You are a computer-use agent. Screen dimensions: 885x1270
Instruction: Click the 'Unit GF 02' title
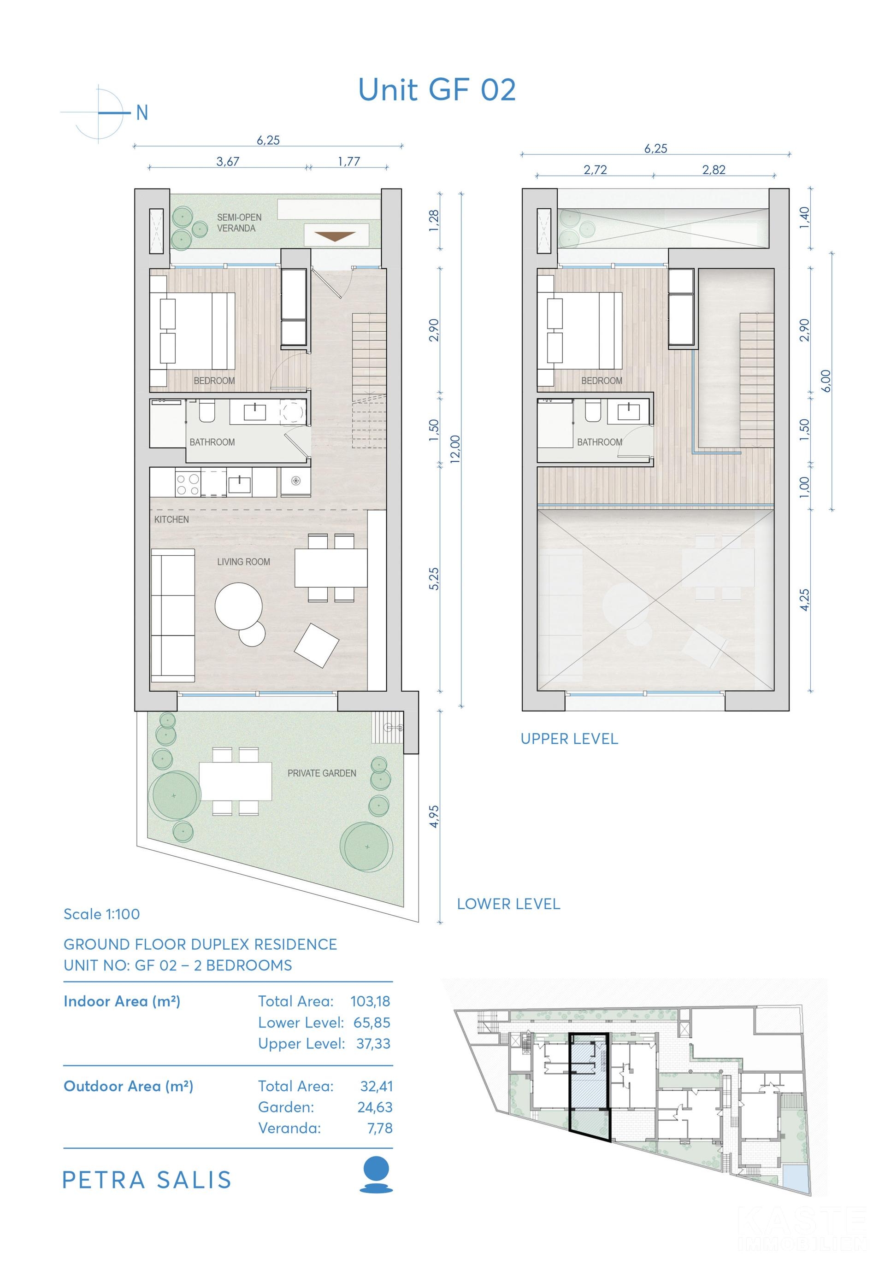[x=437, y=89]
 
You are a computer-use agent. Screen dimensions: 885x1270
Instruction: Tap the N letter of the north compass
[x=142, y=113]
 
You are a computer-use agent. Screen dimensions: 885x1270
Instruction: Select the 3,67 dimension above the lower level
[x=228, y=162]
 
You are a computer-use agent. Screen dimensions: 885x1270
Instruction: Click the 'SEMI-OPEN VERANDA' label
[x=239, y=223]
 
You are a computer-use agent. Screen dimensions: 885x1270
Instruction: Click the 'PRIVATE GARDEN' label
[x=321, y=773]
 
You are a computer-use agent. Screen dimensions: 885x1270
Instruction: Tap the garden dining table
[x=236, y=781]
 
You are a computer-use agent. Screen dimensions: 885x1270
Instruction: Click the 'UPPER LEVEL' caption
[x=569, y=739]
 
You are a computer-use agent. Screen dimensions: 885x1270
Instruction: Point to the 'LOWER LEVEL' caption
[x=508, y=904]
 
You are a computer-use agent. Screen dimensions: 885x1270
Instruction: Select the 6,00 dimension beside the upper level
[x=825, y=381]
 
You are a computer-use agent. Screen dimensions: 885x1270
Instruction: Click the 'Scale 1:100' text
[x=102, y=914]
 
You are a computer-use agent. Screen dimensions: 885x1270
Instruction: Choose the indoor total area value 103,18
[x=370, y=1001]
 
